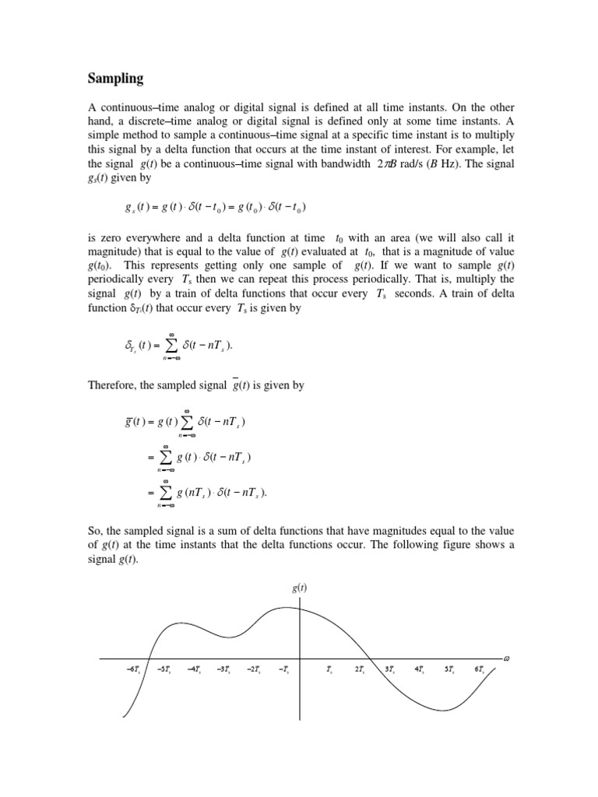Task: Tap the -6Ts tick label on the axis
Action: pyautogui.click(x=132, y=669)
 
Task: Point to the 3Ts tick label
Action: pyautogui.click(x=389, y=669)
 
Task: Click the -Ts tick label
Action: pyautogui.click(x=284, y=669)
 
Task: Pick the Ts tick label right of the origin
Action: pyautogui.click(x=330, y=669)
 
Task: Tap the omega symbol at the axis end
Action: pyautogui.click(x=506, y=657)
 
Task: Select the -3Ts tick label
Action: pyautogui.click(x=223, y=669)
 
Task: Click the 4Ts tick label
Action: pyautogui.click(x=419, y=669)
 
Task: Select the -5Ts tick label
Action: pyautogui.click(x=164, y=669)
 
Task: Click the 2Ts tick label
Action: pyautogui.click(x=360, y=669)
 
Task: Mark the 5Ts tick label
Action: pyautogui.click(x=449, y=669)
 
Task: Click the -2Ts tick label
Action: pyautogui.click(x=254, y=669)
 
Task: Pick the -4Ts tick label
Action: pyautogui.click(x=194, y=669)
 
